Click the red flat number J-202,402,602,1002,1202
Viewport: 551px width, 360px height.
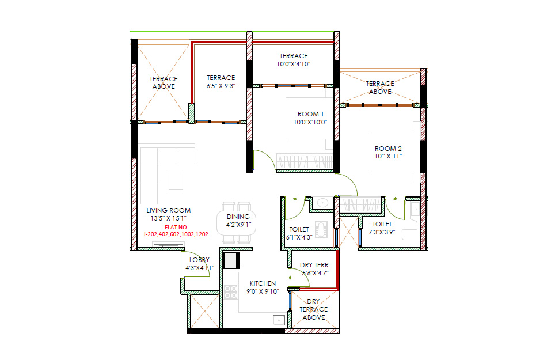(176, 234)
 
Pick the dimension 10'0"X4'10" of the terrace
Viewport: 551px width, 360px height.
(294, 64)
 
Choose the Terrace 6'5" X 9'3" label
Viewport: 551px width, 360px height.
(221, 82)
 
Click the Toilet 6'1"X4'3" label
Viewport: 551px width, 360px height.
(299, 233)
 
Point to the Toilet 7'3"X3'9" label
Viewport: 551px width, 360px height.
(382, 228)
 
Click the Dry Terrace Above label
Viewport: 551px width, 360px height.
(313, 309)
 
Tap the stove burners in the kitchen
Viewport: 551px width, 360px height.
(231, 292)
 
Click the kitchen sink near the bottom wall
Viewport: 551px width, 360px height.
(279, 320)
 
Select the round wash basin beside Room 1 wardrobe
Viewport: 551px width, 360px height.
(322, 203)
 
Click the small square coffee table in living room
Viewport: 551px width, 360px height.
(176, 182)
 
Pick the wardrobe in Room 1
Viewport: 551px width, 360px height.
(305, 161)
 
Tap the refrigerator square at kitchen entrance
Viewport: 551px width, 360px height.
(231, 260)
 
